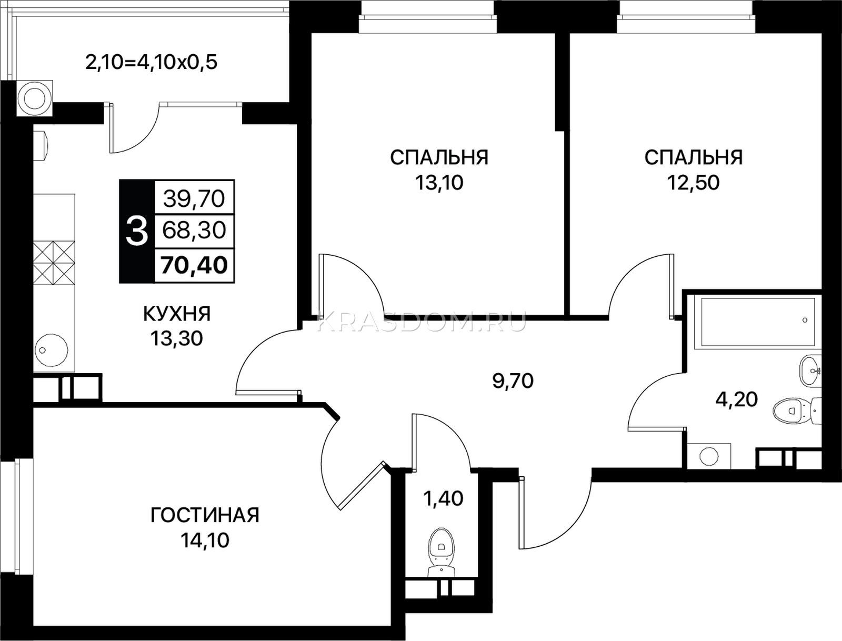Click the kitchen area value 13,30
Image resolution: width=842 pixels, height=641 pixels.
click(176, 339)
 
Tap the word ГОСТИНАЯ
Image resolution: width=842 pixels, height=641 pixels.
click(205, 515)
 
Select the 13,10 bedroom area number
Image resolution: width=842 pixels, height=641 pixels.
click(439, 183)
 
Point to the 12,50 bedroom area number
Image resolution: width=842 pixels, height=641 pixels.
click(694, 183)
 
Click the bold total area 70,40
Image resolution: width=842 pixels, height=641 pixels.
click(194, 265)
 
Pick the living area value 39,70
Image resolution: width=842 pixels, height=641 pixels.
click(194, 199)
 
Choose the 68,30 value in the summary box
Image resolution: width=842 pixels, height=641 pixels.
click(194, 231)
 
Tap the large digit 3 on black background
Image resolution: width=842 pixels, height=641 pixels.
click(137, 232)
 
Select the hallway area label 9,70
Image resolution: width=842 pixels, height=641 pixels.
click(513, 381)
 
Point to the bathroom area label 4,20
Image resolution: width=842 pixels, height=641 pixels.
click(737, 400)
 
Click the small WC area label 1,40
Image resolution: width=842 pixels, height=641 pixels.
click(443, 499)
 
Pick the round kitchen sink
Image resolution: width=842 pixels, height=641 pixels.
click(51, 350)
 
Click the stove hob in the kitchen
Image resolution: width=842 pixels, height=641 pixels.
click(54, 263)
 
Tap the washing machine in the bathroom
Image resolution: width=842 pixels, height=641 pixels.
click(709, 456)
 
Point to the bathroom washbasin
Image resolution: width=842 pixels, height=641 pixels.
click(810, 371)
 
